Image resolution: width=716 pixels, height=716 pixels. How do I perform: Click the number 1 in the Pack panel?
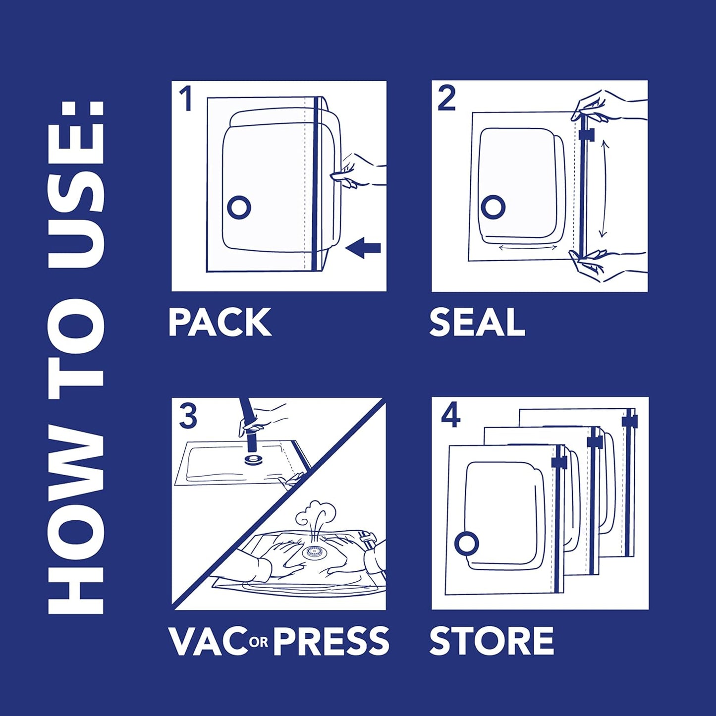(x=186, y=99)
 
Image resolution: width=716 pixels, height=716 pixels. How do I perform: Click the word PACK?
(x=220, y=323)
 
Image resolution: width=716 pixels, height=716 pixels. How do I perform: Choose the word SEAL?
(x=477, y=323)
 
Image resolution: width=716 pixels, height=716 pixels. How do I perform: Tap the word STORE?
(x=491, y=641)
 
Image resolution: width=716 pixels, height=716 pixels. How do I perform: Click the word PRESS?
(x=331, y=641)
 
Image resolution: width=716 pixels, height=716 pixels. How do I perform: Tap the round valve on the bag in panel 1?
(x=239, y=207)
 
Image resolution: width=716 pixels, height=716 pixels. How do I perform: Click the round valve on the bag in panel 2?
(x=493, y=207)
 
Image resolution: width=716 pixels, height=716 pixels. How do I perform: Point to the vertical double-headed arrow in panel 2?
(x=603, y=189)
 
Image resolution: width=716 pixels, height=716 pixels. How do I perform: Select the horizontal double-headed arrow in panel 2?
(x=527, y=247)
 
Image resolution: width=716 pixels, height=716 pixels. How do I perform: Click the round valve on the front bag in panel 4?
(x=466, y=544)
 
